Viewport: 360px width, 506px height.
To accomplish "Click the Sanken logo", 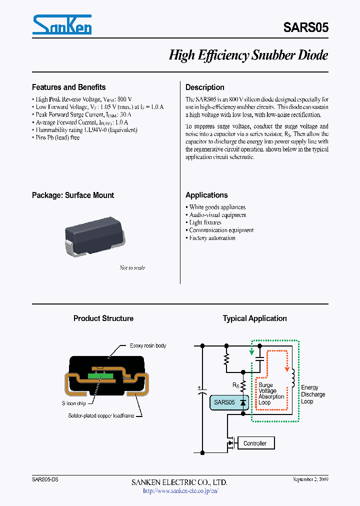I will [61, 24].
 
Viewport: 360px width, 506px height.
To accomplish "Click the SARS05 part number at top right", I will [306, 28].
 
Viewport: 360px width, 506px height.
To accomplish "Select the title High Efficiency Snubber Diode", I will [248, 55].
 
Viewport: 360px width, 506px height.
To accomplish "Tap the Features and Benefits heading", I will [68, 87].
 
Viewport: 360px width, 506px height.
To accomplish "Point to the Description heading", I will [204, 87].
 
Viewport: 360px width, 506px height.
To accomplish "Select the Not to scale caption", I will [132, 268].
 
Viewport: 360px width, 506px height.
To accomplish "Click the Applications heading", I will [206, 195].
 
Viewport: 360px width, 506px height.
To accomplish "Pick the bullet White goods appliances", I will [217, 207].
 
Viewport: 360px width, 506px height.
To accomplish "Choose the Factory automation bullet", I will [212, 238].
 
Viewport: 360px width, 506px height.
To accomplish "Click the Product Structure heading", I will [103, 318].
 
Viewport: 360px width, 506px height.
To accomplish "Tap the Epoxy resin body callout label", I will [147, 345].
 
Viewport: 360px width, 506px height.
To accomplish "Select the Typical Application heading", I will [254, 318].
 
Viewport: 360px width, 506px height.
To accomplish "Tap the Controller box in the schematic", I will [254, 443].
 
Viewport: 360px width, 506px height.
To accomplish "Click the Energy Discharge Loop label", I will [312, 394].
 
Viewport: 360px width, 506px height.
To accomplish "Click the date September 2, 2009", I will [310, 479].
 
